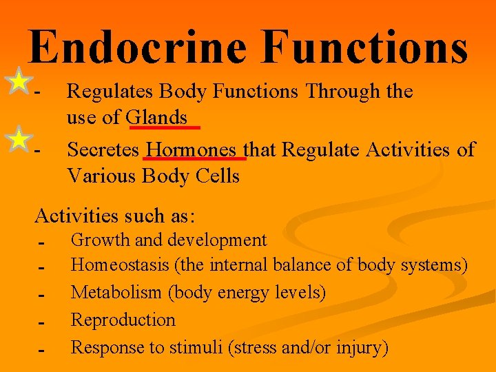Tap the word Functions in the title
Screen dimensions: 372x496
pos(365,48)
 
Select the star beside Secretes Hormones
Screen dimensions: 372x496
pos(19,140)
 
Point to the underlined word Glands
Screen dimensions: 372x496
pos(157,118)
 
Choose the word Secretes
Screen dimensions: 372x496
pos(103,149)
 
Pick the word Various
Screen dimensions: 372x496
pos(101,176)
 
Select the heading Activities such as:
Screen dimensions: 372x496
pos(115,216)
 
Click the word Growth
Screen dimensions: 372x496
pos(98,240)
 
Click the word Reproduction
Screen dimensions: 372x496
pos(123,320)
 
